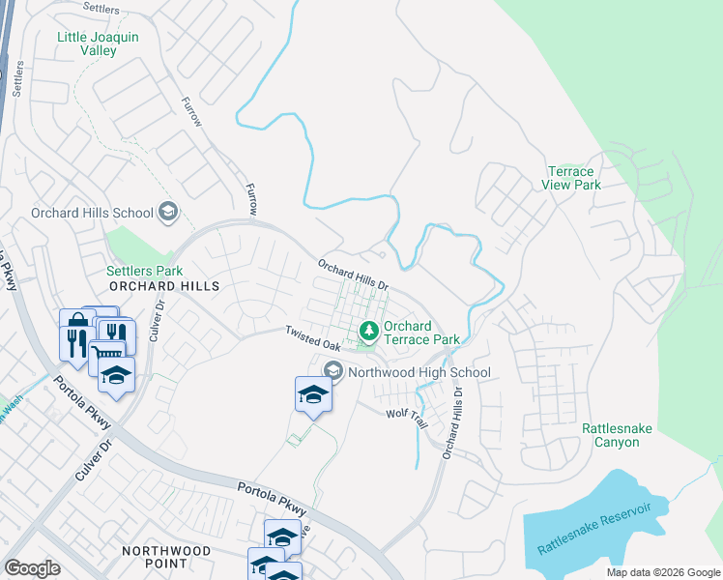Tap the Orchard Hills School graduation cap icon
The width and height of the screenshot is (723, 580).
(x=168, y=212)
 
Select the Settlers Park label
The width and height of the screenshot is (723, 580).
(x=144, y=272)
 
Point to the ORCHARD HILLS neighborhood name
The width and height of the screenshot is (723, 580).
(x=164, y=286)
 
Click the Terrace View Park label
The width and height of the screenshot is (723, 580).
(x=570, y=178)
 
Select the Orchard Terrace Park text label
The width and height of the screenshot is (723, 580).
(x=421, y=333)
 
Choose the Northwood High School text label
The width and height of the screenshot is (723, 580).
(x=419, y=372)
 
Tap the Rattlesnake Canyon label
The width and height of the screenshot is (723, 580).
(x=611, y=435)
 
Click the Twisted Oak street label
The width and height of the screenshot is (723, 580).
(x=312, y=338)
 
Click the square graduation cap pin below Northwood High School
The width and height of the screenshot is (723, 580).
(x=313, y=394)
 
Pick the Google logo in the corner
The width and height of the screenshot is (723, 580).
(x=32, y=568)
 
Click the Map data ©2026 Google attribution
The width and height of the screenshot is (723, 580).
(x=662, y=572)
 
